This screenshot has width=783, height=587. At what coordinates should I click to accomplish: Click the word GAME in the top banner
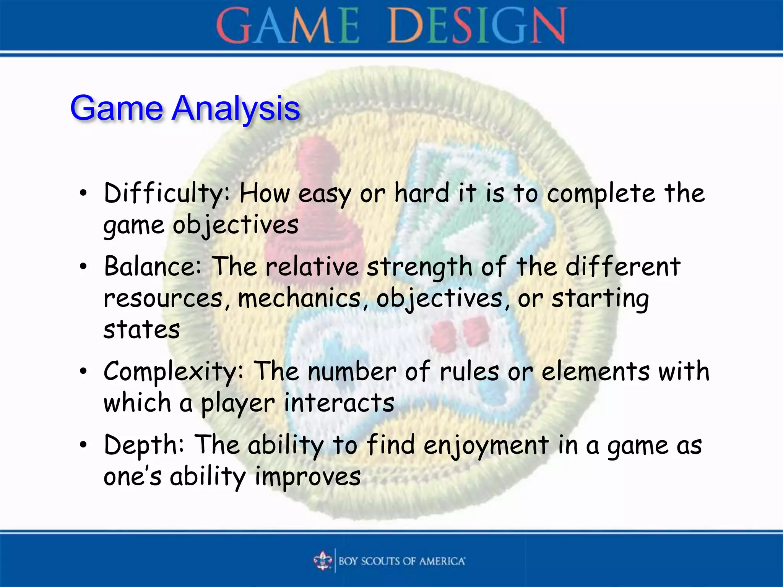pos(288,26)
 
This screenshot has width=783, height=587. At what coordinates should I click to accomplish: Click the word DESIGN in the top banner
pos(477,26)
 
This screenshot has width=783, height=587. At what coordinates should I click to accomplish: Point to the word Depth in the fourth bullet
pos(144,445)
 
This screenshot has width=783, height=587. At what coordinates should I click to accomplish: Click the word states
pos(141,329)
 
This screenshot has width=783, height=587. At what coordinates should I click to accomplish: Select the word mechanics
pos(299,298)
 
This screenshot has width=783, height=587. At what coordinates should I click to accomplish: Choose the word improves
pos(308,477)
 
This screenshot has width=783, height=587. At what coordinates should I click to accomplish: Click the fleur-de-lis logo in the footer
pos(323,561)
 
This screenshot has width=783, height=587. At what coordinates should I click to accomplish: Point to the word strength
pos(419,266)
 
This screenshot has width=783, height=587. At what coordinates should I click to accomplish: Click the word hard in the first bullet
pos(422,193)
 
